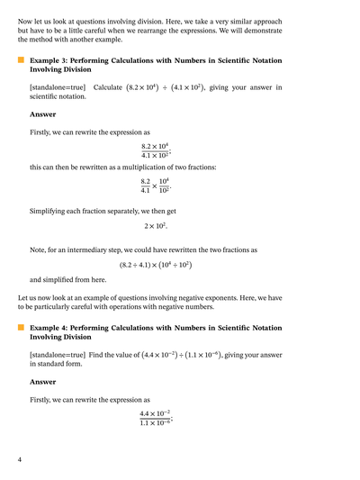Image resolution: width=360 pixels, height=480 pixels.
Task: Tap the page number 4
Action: pos(20,459)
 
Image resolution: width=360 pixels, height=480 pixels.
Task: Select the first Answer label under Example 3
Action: pos(42,114)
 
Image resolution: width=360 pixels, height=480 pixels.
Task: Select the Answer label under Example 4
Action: pos(42,384)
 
